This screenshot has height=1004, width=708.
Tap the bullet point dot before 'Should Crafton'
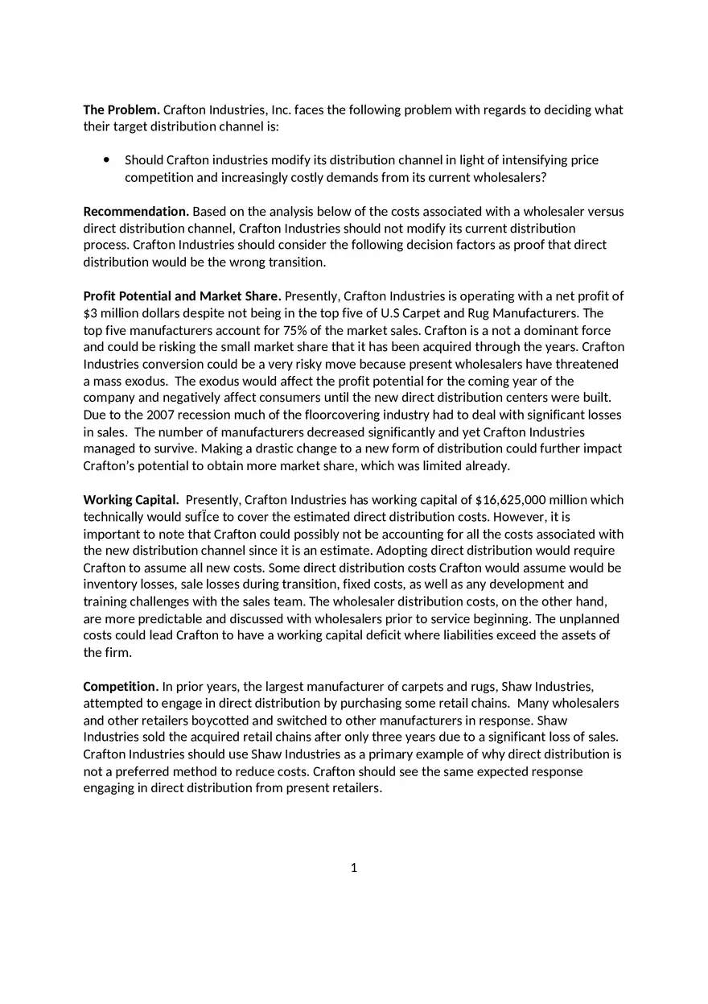[x=107, y=160]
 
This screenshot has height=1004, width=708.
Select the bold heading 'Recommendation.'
[x=136, y=211]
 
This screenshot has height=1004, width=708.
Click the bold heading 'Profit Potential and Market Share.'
[x=182, y=295]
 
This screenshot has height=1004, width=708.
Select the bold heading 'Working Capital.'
[x=131, y=499]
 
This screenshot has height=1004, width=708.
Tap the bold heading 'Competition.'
[x=121, y=686]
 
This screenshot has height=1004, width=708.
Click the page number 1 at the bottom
[x=354, y=868]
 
